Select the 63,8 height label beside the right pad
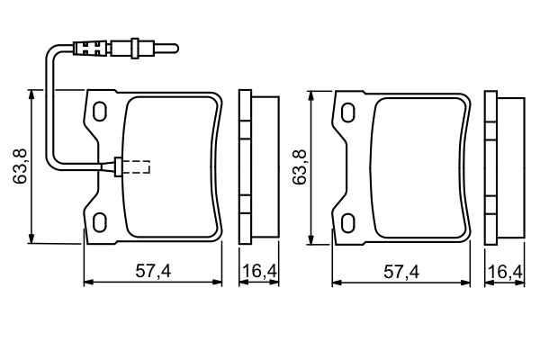pyautogui.click(x=301, y=166)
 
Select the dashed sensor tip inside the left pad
pyautogui.click(x=137, y=166)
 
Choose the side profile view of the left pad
pyautogui.click(x=255, y=166)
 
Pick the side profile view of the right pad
pyautogui.click(x=503, y=166)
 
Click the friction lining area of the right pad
pyautogui.click(x=418, y=166)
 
